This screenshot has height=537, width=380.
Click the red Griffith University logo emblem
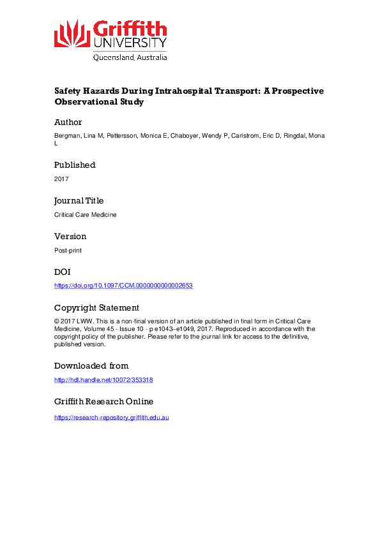[x=72, y=33]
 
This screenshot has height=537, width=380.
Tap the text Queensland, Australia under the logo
[x=130, y=57]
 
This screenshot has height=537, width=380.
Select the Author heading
[x=68, y=122]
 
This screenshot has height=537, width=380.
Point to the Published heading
[x=75, y=165]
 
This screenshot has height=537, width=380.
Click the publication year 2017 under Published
[x=61, y=179]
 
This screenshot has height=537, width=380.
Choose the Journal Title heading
[x=79, y=200]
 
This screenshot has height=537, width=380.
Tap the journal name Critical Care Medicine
[x=86, y=215]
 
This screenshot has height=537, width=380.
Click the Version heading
[x=70, y=237]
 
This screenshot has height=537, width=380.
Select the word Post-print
[x=68, y=251]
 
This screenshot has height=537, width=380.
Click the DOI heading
[x=62, y=272]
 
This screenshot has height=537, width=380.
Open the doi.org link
[x=123, y=286]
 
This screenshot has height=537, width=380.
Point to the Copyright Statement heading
[x=96, y=307]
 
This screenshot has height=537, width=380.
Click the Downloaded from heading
[x=91, y=366]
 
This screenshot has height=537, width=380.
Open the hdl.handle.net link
[x=103, y=379]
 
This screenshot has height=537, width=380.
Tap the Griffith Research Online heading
[x=103, y=402]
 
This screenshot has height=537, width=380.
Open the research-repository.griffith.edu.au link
[x=111, y=417]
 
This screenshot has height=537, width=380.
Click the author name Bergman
[x=67, y=136]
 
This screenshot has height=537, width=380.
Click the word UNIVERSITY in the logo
[x=130, y=42]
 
